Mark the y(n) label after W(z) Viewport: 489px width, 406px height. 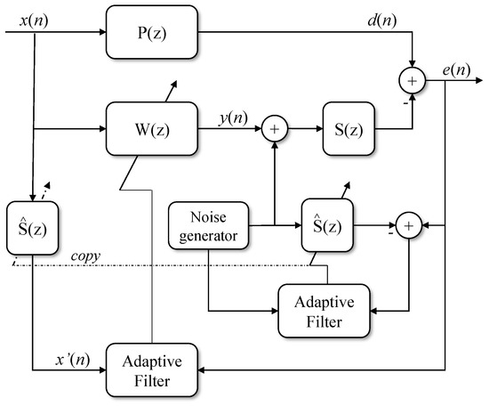pyautogui.click(x=234, y=116)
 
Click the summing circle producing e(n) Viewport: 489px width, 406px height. pyautogui.click(x=413, y=82)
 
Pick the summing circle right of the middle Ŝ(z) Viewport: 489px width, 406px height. pyautogui.click(x=408, y=227)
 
